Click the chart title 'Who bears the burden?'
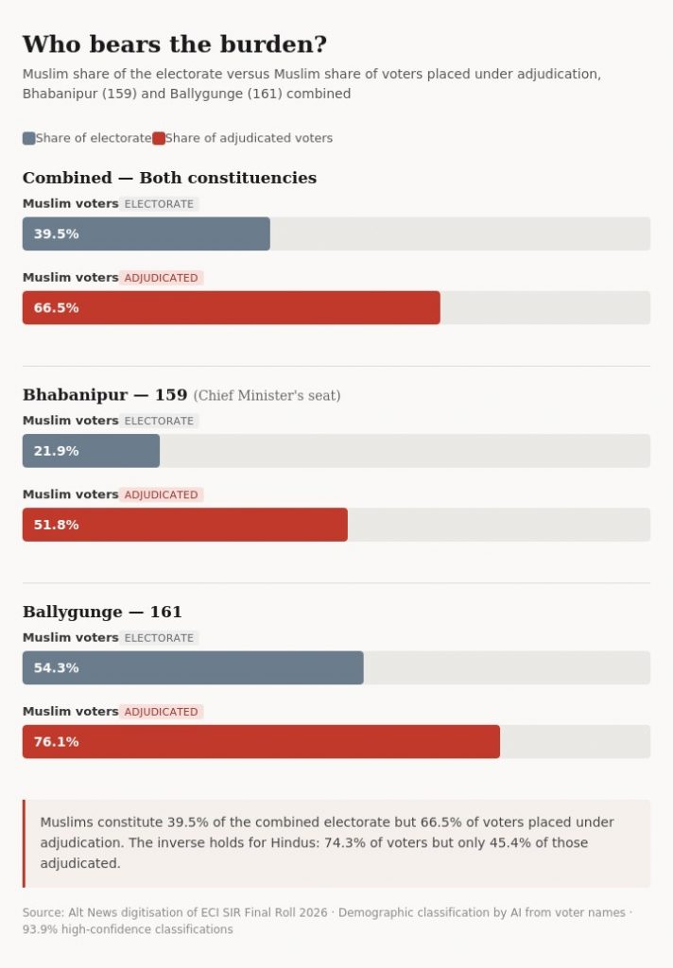point(175,44)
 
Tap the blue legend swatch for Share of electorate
point(28,138)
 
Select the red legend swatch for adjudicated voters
point(159,138)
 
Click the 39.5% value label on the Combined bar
point(56,233)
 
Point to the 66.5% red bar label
point(56,307)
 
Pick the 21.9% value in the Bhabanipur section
point(56,451)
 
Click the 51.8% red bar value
point(56,525)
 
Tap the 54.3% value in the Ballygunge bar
point(56,667)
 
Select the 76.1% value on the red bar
point(56,741)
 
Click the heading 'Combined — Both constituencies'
point(169,178)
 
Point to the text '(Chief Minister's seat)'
point(267,395)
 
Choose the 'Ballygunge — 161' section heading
point(102,612)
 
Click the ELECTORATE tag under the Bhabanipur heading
point(159,421)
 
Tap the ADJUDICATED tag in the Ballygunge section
point(161,712)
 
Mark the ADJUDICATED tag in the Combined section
point(161,278)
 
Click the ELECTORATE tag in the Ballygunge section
point(159,638)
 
